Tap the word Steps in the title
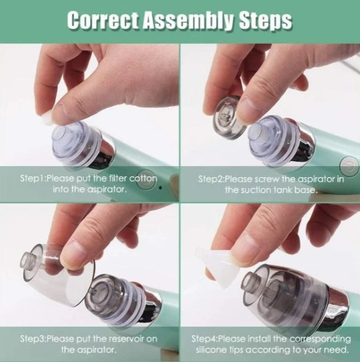point(264,21)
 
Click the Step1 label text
point(33,179)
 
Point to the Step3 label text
point(33,338)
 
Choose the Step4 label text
point(205,338)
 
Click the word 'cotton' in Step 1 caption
point(143,179)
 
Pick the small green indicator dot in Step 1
point(161,188)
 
